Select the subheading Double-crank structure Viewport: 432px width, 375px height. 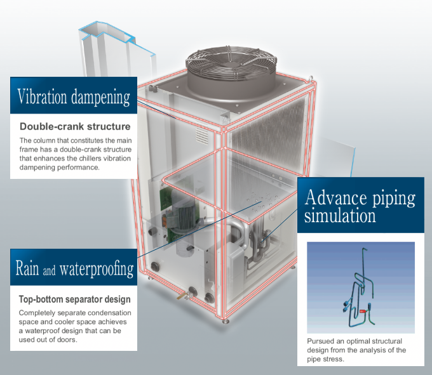pyautogui.click(x=75, y=126)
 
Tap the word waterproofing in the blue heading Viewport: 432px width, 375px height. pyautogui.click(x=97, y=269)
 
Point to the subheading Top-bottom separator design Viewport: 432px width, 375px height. pyautogui.click(x=74, y=299)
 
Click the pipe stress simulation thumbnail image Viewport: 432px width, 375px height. pyautogui.click(x=360, y=287)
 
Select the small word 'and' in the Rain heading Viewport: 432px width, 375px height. pyautogui.click(x=50, y=271)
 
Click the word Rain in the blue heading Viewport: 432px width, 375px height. pyautogui.click(x=28, y=269)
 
